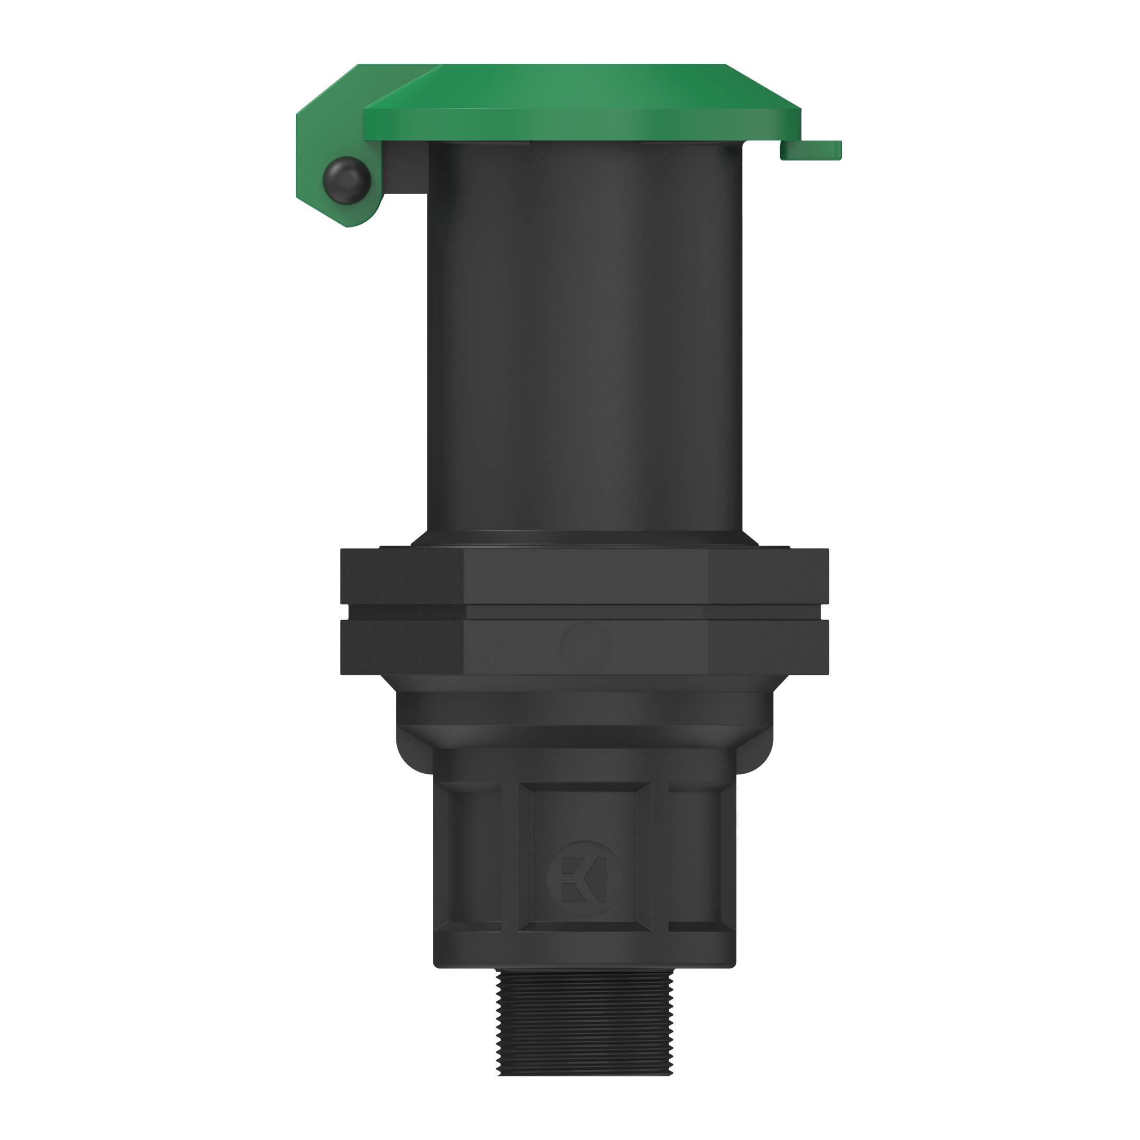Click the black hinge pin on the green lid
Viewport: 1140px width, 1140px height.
click(x=346, y=180)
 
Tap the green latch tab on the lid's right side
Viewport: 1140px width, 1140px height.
click(x=811, y=150)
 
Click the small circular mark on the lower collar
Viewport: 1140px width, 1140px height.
click(x=586, y=647)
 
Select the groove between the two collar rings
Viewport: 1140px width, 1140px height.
click(x=584, y=611)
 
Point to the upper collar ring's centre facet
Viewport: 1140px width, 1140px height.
click(x=585, y=576)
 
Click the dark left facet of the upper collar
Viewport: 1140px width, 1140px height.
click(x=401, y=576)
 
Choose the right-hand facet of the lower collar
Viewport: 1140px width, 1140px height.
click(x=767, y=647)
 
